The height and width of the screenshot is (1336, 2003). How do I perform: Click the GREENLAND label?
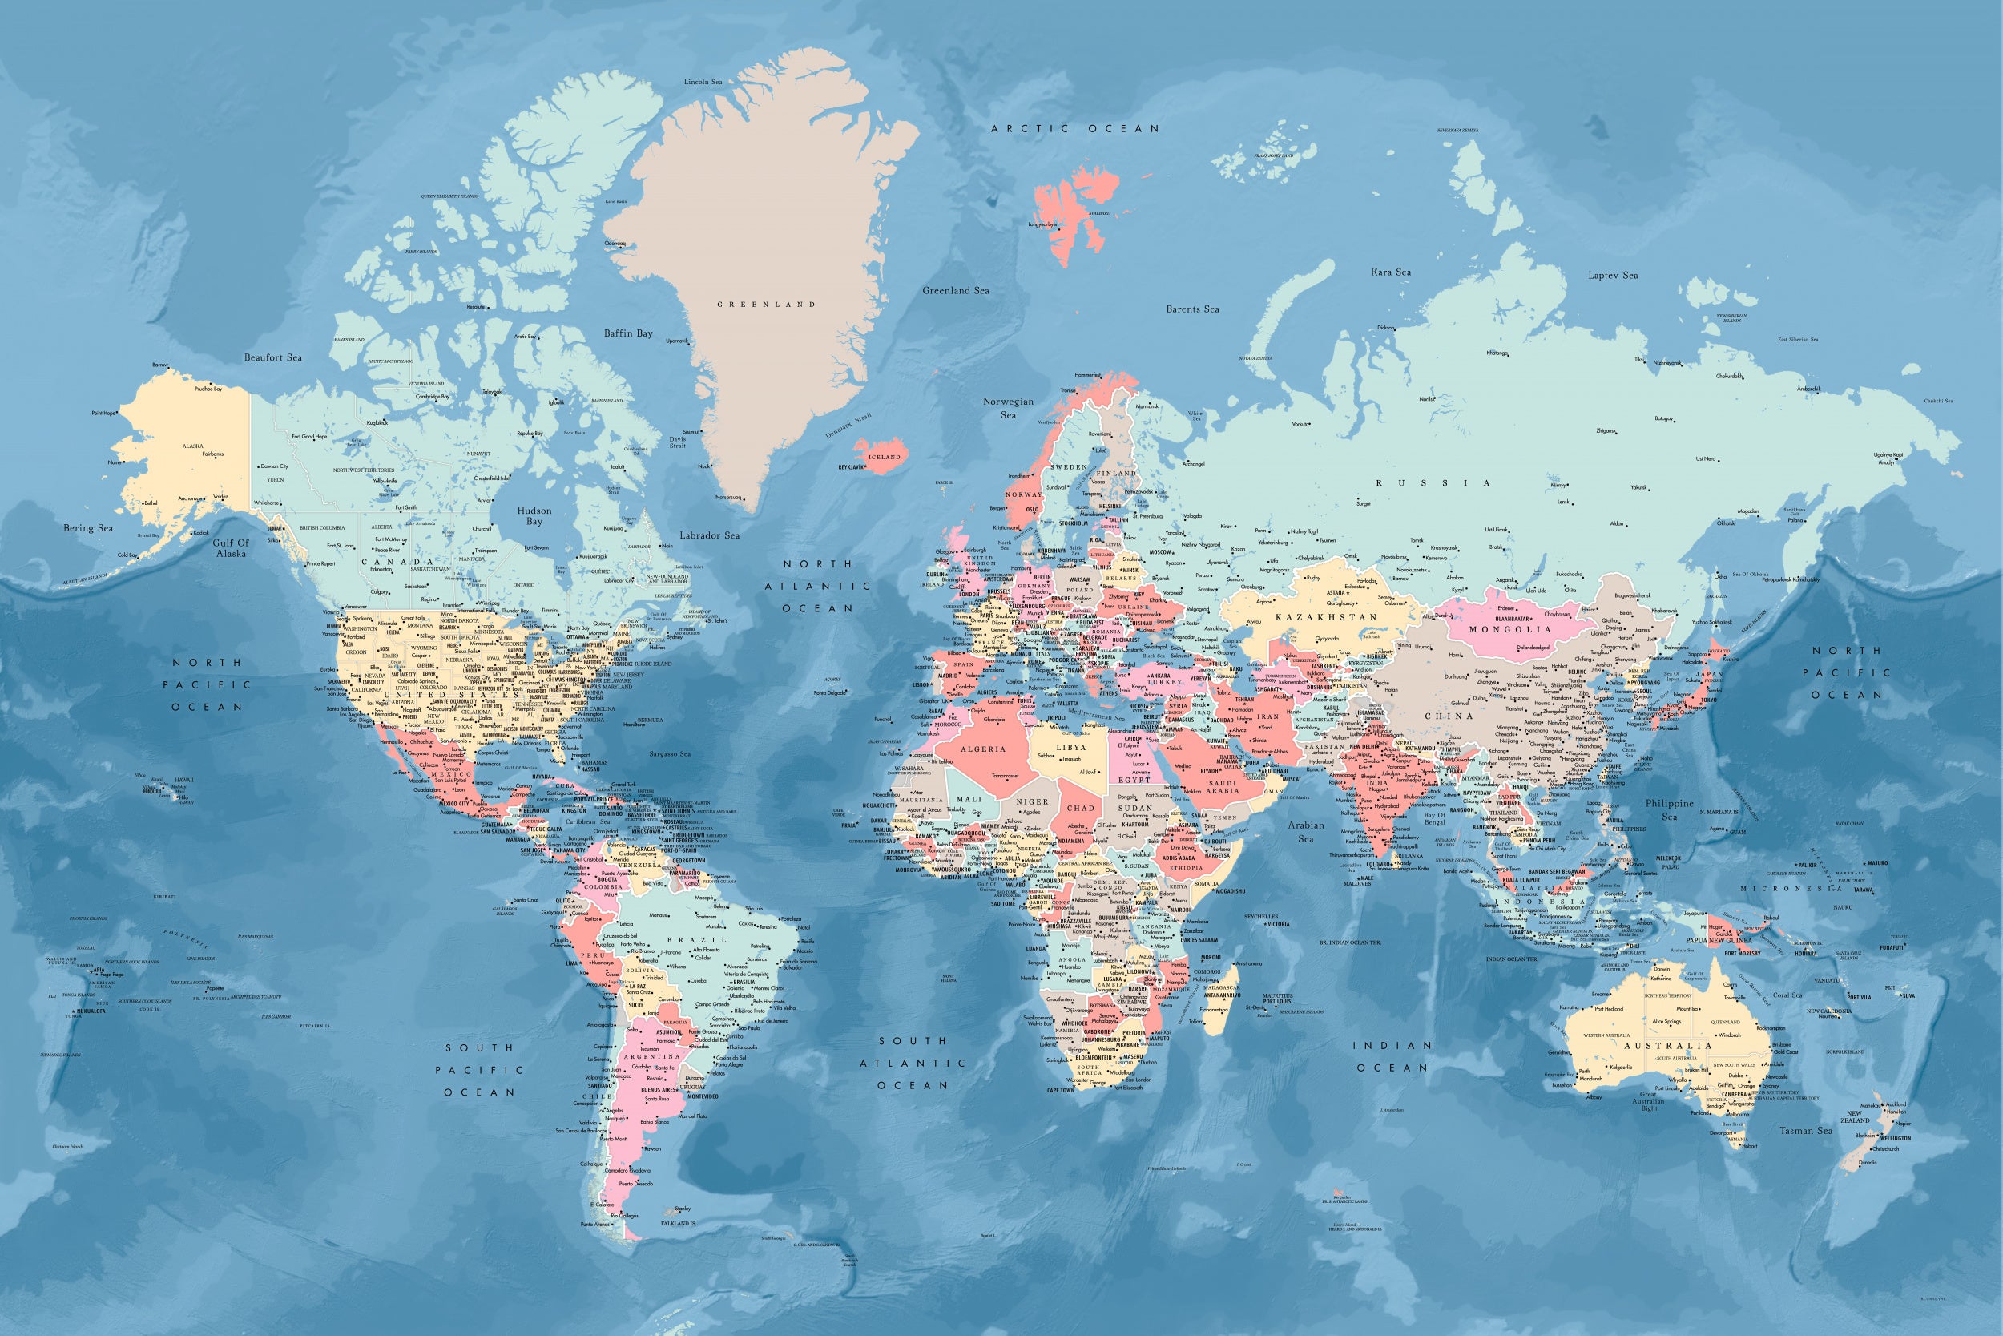[x=766, y=305]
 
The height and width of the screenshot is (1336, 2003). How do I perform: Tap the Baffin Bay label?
[x=627, y=333]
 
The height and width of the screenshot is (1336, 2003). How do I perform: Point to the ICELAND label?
[x=884, y=457]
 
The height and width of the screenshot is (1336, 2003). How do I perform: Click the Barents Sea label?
[x=1192, y=309]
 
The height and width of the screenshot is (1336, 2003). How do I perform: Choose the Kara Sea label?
[x=1391, y=272]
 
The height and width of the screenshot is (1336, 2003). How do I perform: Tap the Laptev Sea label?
[x=1613, y=275]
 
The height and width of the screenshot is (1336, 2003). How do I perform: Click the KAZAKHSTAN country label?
[x=1326, y=617]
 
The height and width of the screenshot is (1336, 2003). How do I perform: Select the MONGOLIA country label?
[x=1510, y=630]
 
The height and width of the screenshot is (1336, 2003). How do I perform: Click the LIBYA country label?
[x=1070, y=747]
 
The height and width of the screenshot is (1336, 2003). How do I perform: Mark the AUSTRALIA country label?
[x=1667, y=1045]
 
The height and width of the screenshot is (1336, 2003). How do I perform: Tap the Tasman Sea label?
[x=1805, y=1131]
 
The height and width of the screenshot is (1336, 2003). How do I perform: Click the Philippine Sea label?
[x=1669, y=809]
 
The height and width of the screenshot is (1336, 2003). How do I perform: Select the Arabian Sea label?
[x=1305, y=832]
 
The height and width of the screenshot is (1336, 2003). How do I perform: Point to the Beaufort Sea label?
[x=272, y=358]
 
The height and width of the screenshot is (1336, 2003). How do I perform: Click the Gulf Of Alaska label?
[x=231, y=548]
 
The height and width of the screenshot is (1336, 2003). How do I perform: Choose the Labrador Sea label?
[x=709, y=535]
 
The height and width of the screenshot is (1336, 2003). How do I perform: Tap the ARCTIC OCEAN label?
[x=1074, y=129]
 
